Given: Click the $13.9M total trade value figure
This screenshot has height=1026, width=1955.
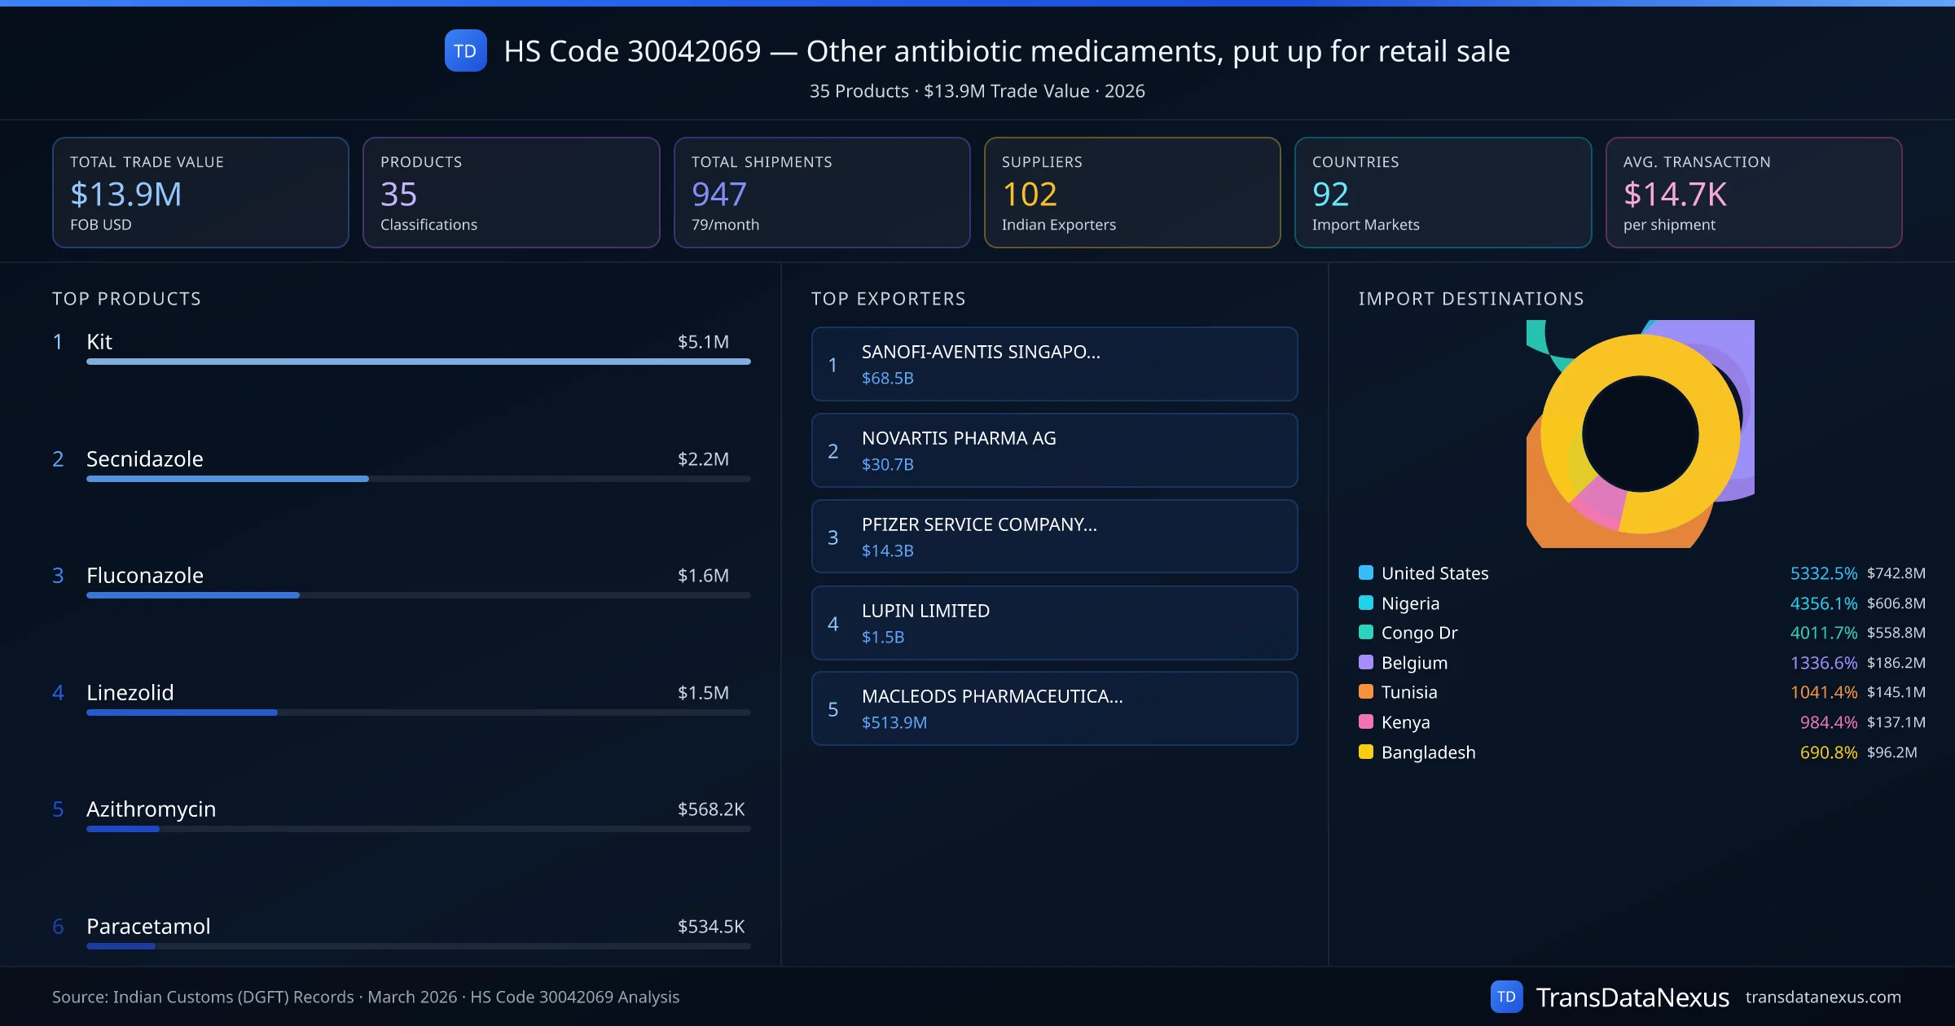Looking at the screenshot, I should (x=125, y=194).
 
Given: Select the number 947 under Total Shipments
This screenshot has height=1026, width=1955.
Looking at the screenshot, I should (x=718, y=194).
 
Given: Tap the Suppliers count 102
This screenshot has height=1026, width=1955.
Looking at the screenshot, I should (x=1030, y=194).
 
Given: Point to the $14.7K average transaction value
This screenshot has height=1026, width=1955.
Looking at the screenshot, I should (x=1675, y=194).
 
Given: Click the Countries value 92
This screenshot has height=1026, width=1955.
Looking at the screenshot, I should (x=1330, y=194).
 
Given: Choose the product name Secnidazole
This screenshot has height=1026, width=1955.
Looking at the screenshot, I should (x=145, y=458).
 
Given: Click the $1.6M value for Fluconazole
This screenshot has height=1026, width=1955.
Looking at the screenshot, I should (x=703, y=575).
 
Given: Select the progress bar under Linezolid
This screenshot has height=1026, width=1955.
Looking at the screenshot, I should (x=418, y=712).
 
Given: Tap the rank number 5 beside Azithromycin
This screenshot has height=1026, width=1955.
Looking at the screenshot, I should (x=58, y=809).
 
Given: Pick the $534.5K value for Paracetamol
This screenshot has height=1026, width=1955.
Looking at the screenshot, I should (x=711, y=926).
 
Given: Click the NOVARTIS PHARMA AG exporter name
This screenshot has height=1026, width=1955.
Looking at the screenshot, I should (x=959, y=438).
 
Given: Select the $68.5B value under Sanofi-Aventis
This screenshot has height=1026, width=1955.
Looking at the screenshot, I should (x=887, y=378).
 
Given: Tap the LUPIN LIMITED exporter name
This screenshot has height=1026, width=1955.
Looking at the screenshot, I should (x=925, y=611).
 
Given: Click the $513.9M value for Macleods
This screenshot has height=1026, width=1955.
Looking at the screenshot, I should (x=894, y=722).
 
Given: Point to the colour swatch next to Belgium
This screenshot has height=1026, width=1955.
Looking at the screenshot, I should (x=1366, y=662).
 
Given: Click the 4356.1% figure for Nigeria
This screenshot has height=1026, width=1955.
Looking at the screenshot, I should (x=1823, y=603).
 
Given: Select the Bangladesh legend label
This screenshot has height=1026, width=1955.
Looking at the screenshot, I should (x=1428, y=752).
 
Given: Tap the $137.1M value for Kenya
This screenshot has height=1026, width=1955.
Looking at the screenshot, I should (x=1896, y=722).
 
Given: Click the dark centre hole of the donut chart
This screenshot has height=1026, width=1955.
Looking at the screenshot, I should (x=1640, y=434).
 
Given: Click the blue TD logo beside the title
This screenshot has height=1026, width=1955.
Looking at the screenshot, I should (x=465, y=50).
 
